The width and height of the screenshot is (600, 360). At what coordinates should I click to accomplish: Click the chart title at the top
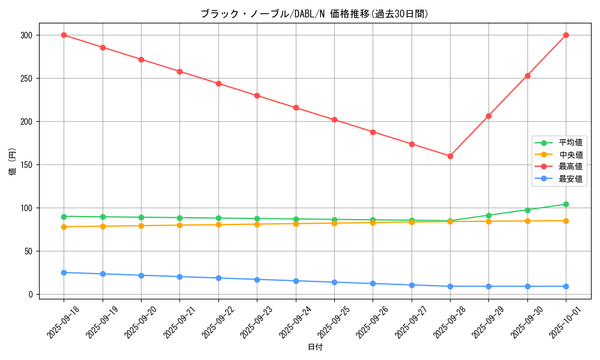click(314, 14)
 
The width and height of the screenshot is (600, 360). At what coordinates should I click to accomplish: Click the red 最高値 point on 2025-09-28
click(450, 156)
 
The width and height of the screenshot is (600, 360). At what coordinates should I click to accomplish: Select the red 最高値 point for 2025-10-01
click(566, 35)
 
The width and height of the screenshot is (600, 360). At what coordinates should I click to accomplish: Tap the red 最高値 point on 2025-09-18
click(64, 35)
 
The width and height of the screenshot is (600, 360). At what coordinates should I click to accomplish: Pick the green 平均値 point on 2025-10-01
click(566, 204)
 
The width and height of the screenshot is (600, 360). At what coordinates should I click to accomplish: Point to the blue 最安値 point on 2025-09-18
click(64, 272)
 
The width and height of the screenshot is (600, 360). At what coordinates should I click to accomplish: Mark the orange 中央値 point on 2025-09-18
click(64, 227)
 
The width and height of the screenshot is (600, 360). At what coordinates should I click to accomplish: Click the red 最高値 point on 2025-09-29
click(488, 116)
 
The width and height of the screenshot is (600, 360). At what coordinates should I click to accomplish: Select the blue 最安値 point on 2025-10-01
click(566, 286)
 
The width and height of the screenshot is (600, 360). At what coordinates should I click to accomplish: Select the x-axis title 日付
click(315, 347)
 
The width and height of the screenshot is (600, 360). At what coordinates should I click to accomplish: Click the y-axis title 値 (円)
click(13, 162)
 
